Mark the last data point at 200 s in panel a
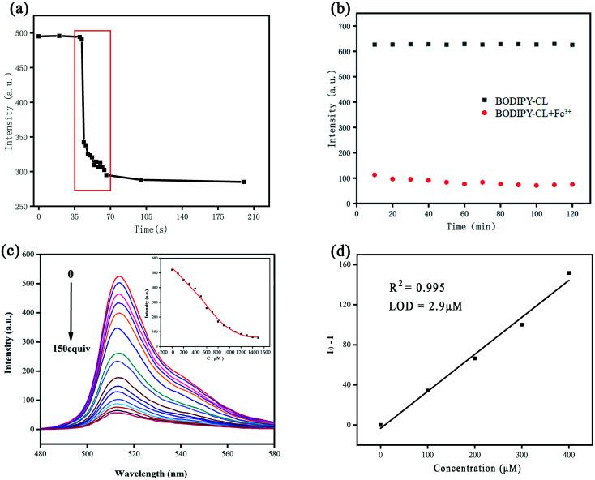[x=243, y=182]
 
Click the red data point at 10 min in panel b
[x=375, y=174]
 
